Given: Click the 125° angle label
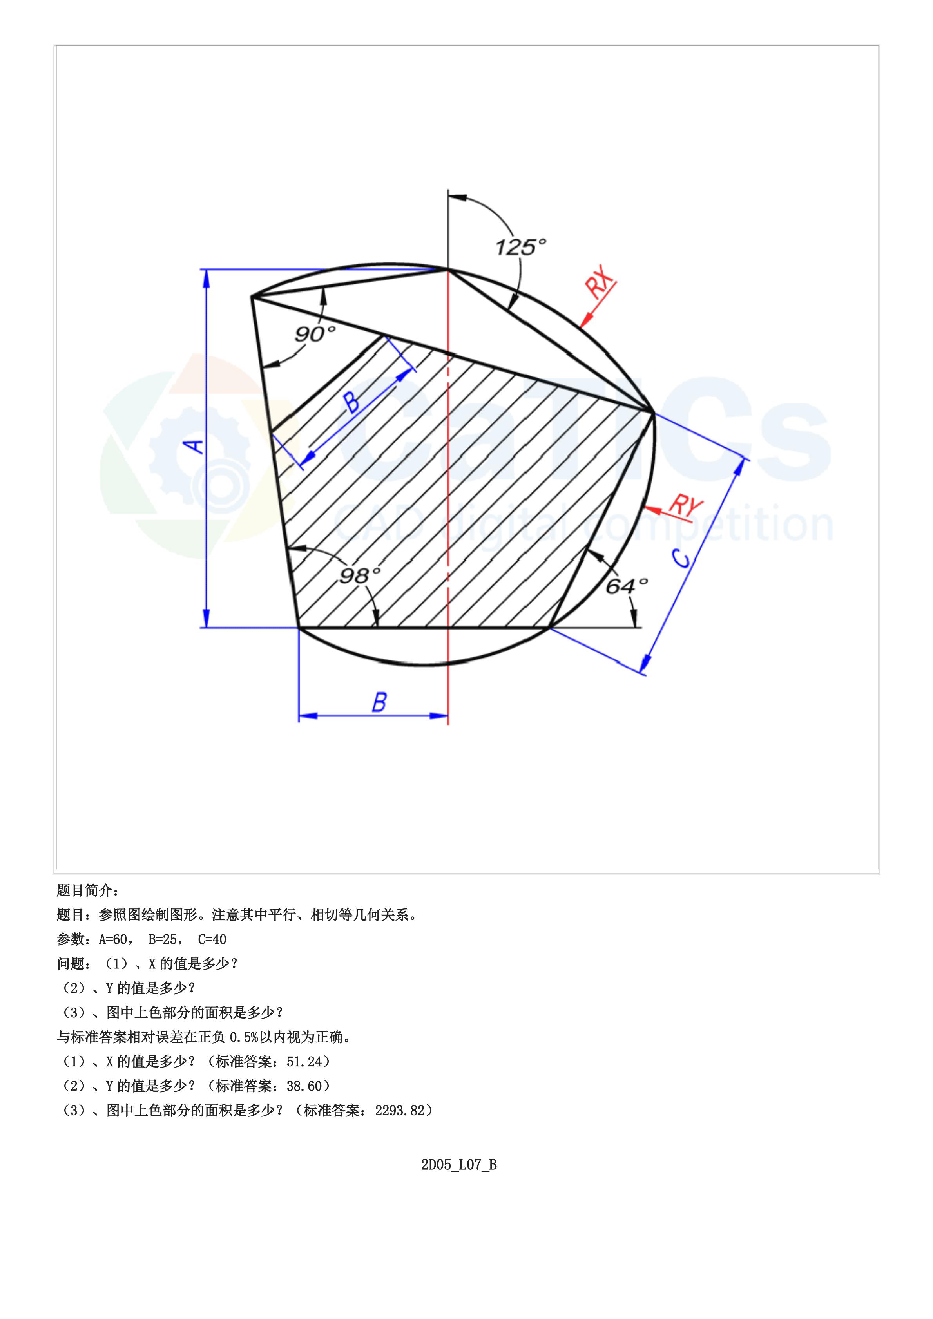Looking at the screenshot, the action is coord(520,247).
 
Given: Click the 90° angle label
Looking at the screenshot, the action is coord(315,334).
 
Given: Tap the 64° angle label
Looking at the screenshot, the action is coord(627,586).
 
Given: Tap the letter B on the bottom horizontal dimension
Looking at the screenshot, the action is coord(379,702).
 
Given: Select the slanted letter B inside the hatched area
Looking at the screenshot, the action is coord(353,402).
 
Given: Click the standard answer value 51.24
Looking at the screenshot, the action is coord(304,1062).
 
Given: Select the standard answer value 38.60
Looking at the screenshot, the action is coord(304,1086).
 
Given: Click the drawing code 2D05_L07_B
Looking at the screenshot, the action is coord(458,1165).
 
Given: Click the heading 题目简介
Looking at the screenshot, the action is coord(87,890).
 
